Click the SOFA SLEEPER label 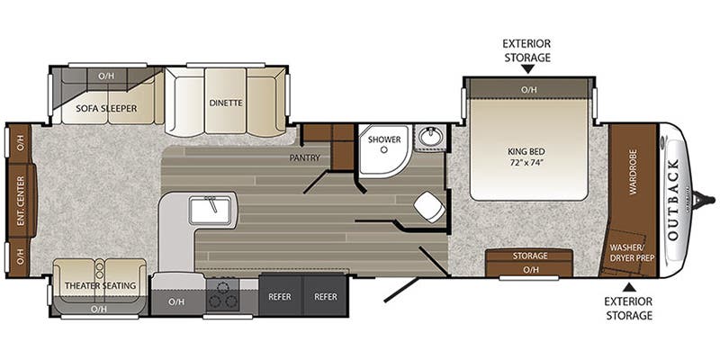pyautogui.click(x=107, y=109)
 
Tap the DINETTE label pyautogui.click(x=225, y=103)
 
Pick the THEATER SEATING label pyautogui.click(x=100, y=286)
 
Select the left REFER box pyautogui.click(x=280, y=296)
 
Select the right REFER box pyautogui.click(x=326, y=296)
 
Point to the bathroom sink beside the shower pyautogui.click(x=430, y=139)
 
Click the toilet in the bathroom pyautogui.click(x=428, y=205)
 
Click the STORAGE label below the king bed pyautogui.click(x=530, y=256)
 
